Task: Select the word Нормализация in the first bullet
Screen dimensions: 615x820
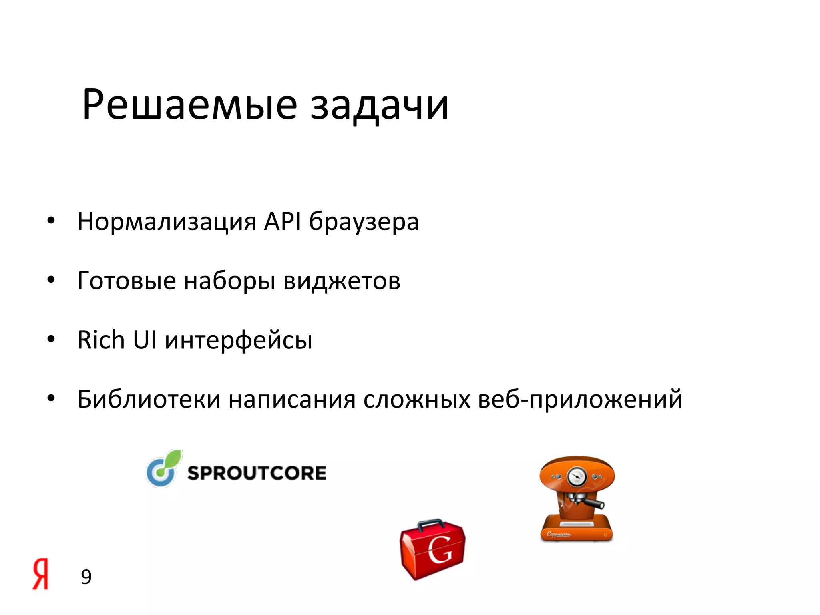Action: click(x=167, y=221)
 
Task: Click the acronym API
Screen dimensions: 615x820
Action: click(x=282, y=221)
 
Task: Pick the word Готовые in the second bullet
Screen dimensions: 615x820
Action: click(x=127, y=281)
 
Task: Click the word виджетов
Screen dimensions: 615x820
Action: click(x=342, y=281)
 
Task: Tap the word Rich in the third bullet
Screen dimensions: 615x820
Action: click(x=101, y=340)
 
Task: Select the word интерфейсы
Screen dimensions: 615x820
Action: click(x=239, y=341)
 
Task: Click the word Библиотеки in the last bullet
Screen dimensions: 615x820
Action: click(x=149, y=399)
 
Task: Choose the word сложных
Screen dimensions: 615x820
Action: click(x=416, y=400)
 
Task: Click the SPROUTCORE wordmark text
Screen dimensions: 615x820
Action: click(x=257, y=473)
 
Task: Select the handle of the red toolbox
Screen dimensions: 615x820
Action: click(x=430, y=523)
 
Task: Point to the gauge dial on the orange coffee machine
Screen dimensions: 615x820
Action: click(x=577, y=476)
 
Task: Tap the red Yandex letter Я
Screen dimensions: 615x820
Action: click(x=40, y=574)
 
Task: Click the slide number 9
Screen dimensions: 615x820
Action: click(x=86, y=577)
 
